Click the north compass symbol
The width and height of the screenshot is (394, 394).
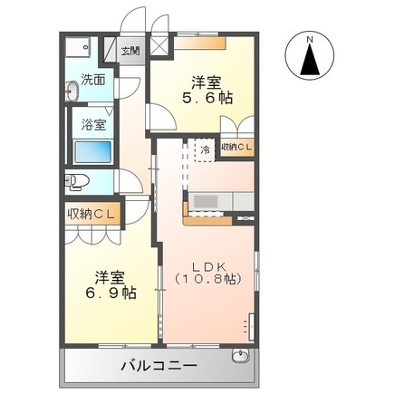(x=310, y=56)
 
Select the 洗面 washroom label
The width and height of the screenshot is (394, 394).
(x=92, y=79)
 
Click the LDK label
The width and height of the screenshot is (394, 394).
(x=207, y=266)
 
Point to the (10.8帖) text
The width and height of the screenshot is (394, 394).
(x=207, y=281)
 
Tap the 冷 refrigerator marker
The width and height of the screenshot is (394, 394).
(x=206, y=149)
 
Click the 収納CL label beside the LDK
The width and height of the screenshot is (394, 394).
(x=238, y=148)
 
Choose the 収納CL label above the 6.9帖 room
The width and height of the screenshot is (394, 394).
(x=93, y=214)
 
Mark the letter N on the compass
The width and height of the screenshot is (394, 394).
(x=310, y=40)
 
